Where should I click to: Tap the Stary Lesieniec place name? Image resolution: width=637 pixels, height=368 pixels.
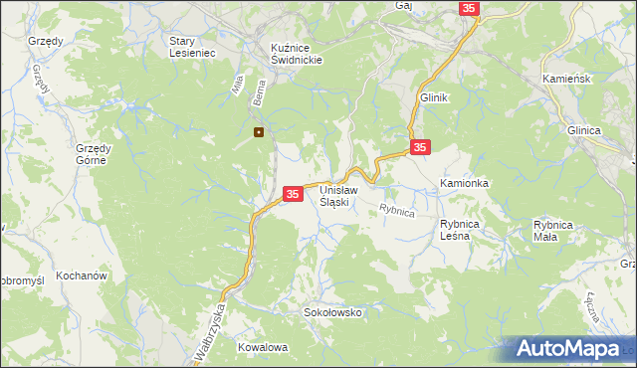click(192, 48)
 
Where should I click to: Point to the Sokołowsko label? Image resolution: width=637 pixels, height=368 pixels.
click(332, 312)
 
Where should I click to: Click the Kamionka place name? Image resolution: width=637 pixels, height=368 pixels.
click(464, 184)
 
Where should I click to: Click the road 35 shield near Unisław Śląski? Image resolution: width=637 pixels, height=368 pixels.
click(293, 194)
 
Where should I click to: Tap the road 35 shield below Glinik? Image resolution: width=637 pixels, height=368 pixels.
click(420, 147)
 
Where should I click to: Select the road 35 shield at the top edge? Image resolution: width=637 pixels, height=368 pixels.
click(470, 8)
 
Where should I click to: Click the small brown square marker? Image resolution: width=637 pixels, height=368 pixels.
click(259, 131)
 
